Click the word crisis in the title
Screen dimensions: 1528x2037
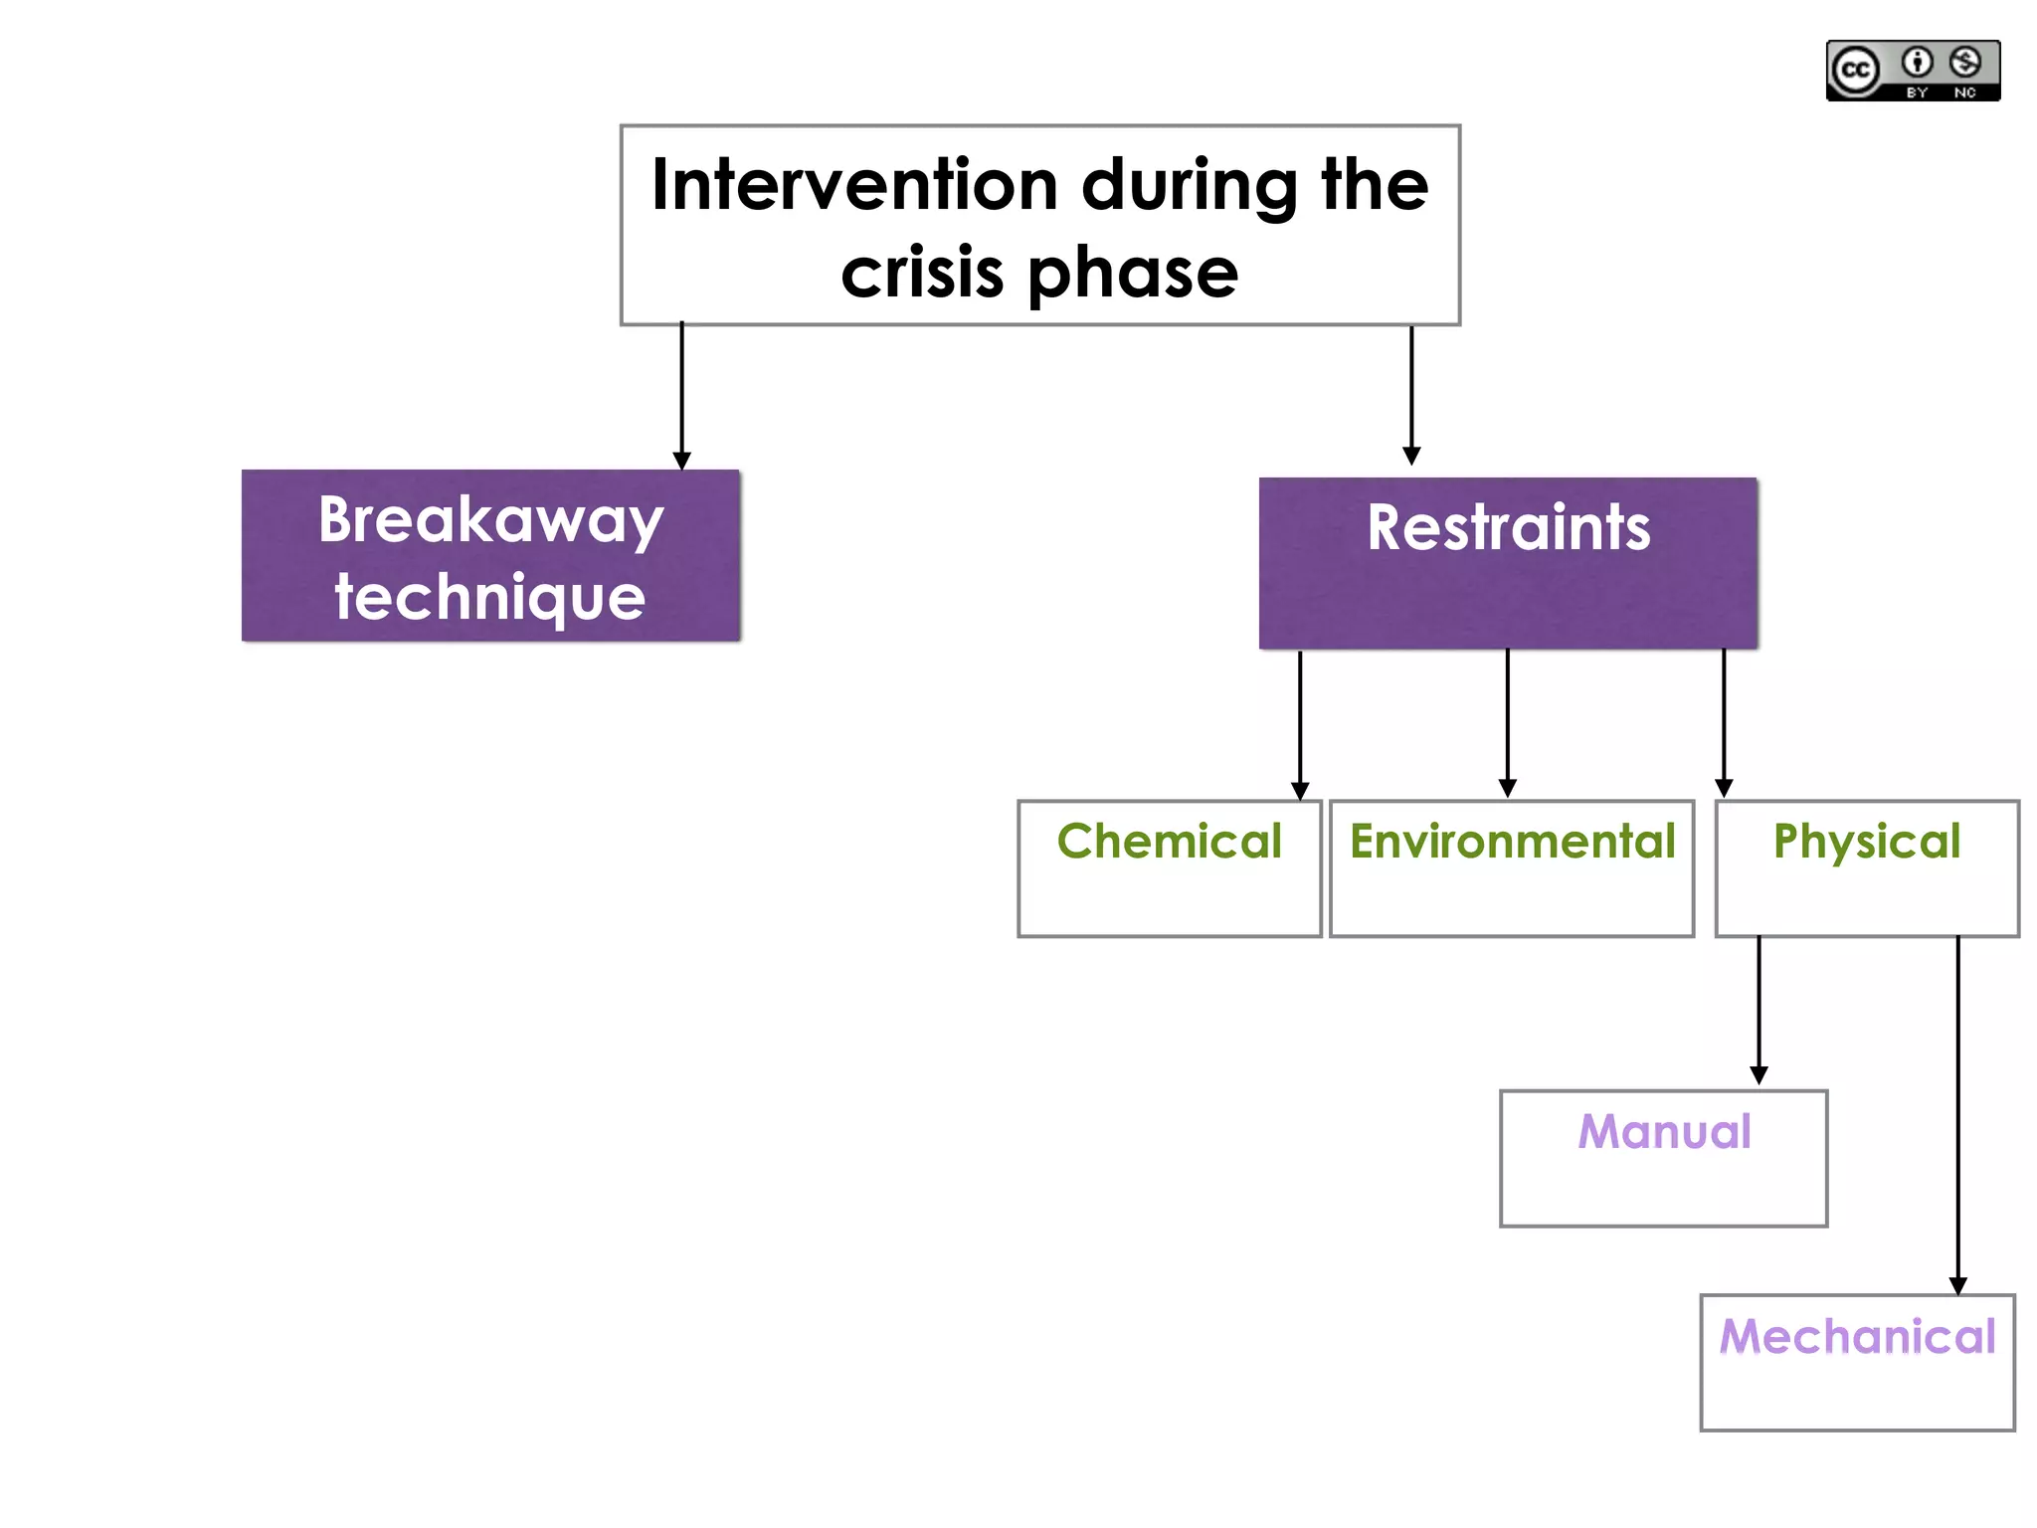[921, 274]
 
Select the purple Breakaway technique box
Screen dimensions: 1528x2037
[490, 555]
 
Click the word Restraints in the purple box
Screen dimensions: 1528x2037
[1508, 527]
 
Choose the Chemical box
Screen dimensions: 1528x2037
[1169, 867]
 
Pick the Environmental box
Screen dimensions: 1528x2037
[1511, 867]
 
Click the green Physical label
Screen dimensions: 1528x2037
[1866, 842]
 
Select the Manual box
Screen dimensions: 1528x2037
[1663, 1158]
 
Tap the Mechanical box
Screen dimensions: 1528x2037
[1857, 1362]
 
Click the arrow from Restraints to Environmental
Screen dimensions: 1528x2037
[1507, 722]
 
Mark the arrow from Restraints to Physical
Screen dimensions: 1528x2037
[1723, 722]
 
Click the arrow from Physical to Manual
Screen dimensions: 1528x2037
[1758, 1010]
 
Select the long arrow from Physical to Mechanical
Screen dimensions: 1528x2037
[1957, 1114]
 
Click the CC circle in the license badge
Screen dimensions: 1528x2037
[1855, 71]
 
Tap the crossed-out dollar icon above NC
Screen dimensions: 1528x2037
[1964, 63]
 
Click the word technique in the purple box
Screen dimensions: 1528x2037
[490, 597]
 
